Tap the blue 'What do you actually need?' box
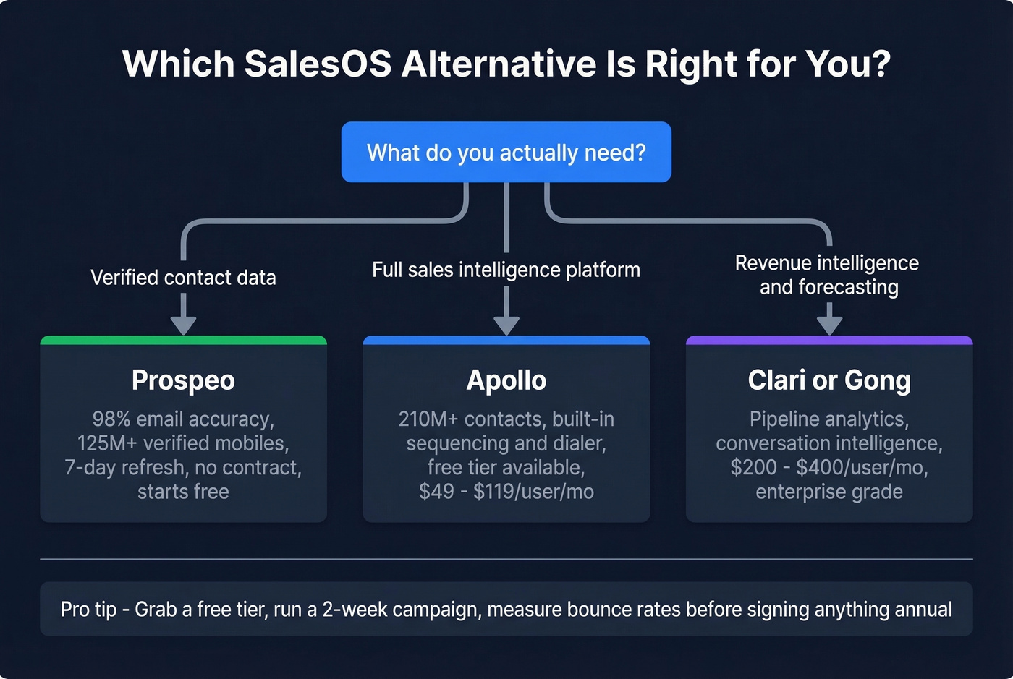[x=506, y=153]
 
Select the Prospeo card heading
[x=183, y=380]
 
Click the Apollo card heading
[x=506, y=380]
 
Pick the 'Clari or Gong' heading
[x=828, y=380]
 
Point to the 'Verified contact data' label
[x=183, y=278]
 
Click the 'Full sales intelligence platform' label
[x=506, y=270]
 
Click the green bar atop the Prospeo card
[x=183, y=340]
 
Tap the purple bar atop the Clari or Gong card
[x=828, y=340]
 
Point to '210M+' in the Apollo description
[x=428, y=419]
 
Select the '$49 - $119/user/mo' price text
[x=506, y=492]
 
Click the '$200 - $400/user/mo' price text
[x=828, y=467]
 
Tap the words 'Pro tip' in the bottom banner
[x=88, y=610]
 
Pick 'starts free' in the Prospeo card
[x=183, y=492]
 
